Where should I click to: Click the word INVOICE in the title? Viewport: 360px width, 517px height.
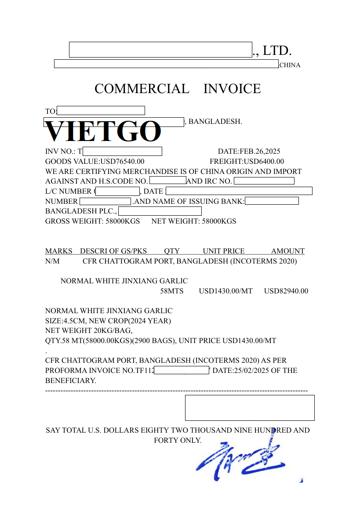[232, 89]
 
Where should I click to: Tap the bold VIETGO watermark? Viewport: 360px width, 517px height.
[103, 132]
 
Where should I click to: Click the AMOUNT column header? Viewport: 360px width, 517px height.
[287, 251]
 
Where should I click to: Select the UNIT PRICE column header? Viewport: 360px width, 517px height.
[223, 251]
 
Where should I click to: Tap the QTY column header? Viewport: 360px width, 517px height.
[172, 251]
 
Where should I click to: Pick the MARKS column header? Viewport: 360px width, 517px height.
[58, 251]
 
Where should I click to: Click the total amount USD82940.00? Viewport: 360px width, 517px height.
[286, 291]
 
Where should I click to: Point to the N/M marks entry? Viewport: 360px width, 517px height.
[52, 261]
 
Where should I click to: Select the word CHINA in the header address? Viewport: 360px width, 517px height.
[290, 65]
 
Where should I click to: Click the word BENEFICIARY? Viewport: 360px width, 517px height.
[70, 380]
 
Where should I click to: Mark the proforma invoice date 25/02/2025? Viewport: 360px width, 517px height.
[249, 370]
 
